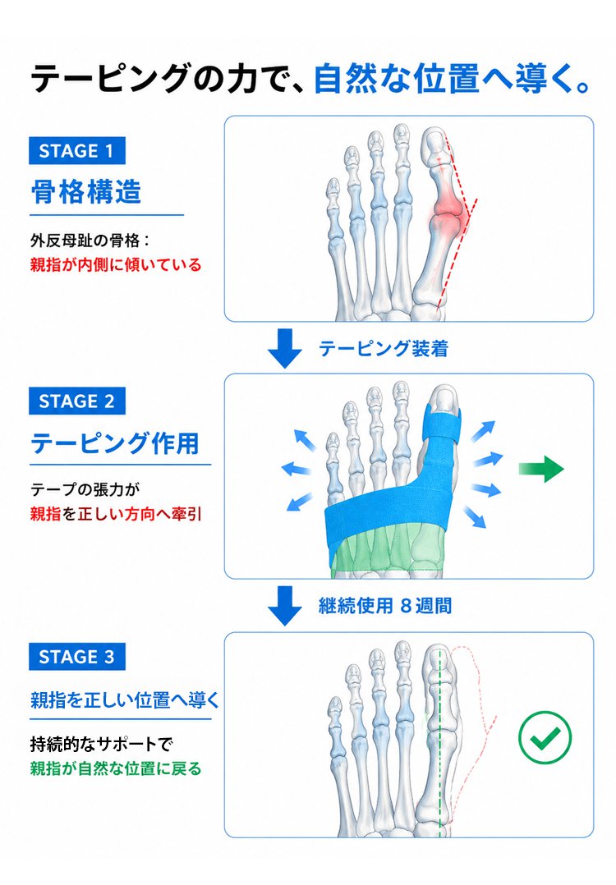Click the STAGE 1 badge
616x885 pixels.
point(76,151)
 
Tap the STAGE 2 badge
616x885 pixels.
point(76,401)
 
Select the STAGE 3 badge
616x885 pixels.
point(76,657)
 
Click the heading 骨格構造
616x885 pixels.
point(85,192)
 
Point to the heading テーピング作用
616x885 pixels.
point(115,443)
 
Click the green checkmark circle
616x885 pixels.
point(545,736)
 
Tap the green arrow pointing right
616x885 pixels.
point(541,469)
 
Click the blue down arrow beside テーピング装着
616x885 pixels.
point(284,348)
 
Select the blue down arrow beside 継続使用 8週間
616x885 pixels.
point(284,606)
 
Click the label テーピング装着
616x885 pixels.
point(384,348)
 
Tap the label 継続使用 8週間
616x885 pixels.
point(385,606)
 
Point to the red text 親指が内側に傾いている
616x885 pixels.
point(116,264)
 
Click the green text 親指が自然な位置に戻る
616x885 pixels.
point(116,768)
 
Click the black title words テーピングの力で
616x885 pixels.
point(163,79)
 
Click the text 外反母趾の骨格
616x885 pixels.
point(84,241)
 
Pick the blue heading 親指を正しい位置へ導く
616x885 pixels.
point(125,699)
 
